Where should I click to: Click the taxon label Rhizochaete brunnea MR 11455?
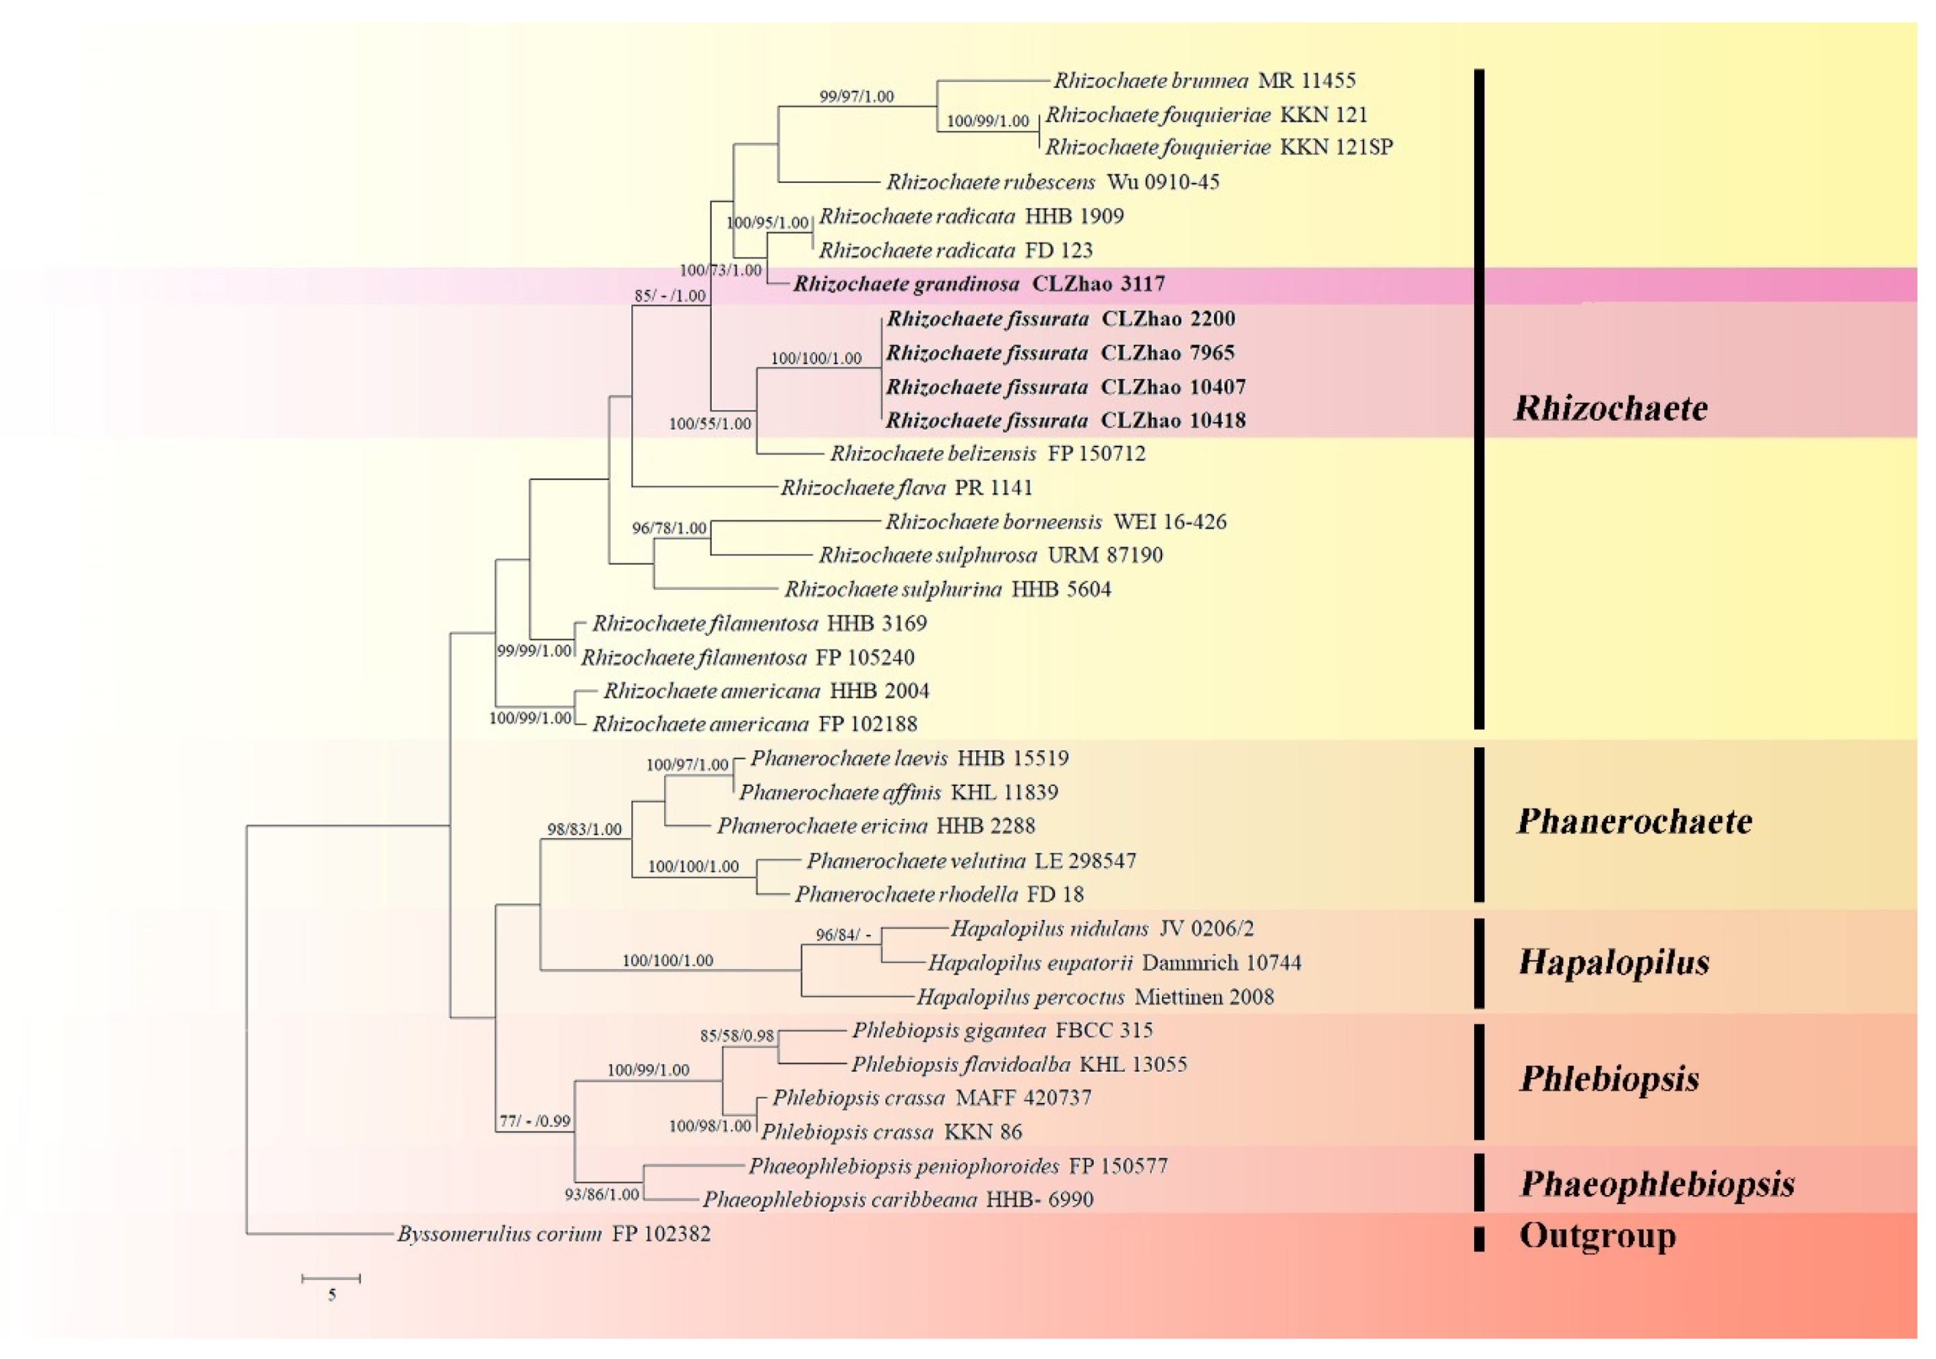coord(1204,81)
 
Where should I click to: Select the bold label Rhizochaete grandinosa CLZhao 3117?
coord(978,284)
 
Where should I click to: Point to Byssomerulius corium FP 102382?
coord(553,1234)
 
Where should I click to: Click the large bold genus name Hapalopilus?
coord(1614,963)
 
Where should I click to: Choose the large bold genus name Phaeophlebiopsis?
coord(1657,1183)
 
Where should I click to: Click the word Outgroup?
coord(1597,1236)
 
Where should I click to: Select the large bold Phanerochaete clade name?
coord(1634,821)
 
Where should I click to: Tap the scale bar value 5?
coord(331,1295)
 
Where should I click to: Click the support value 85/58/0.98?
coord(737,1036)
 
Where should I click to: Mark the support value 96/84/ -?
coord(843,935)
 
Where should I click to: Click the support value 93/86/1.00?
coord(602,1194)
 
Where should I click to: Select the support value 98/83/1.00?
coord(584,830)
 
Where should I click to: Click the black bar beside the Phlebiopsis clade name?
coord(1479,1082)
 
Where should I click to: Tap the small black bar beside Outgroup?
coord(1479,1238)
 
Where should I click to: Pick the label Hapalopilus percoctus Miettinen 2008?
coord(1094,997)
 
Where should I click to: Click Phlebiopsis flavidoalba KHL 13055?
coord(1019,1065)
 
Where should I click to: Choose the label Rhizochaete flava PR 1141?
coord(906,488)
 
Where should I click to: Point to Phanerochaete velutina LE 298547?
coord(971,860)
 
